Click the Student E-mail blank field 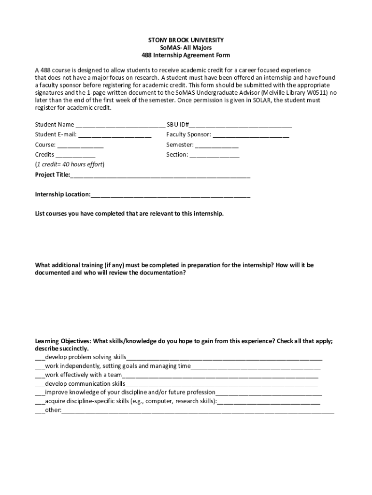[114, 135]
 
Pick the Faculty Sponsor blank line [251, 135]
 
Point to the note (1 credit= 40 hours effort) [70, 164]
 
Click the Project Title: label [52, 175]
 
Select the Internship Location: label [62, 194]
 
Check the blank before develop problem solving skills [40, 358]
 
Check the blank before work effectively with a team [40, 376]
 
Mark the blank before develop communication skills [40, 384]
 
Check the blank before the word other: [40, 411]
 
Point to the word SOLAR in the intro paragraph [260, 100]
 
